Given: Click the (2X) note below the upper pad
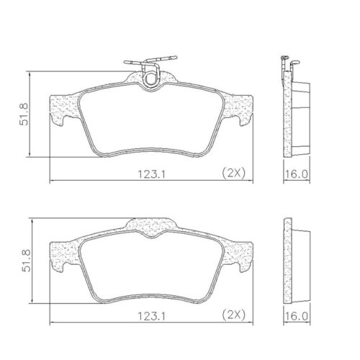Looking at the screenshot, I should tap(234, 172).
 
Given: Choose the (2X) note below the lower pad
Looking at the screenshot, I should tap(234, 315).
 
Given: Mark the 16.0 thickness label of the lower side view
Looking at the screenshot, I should tap(298, 315).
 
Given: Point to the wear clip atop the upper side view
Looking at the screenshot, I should tap(285, 65).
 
